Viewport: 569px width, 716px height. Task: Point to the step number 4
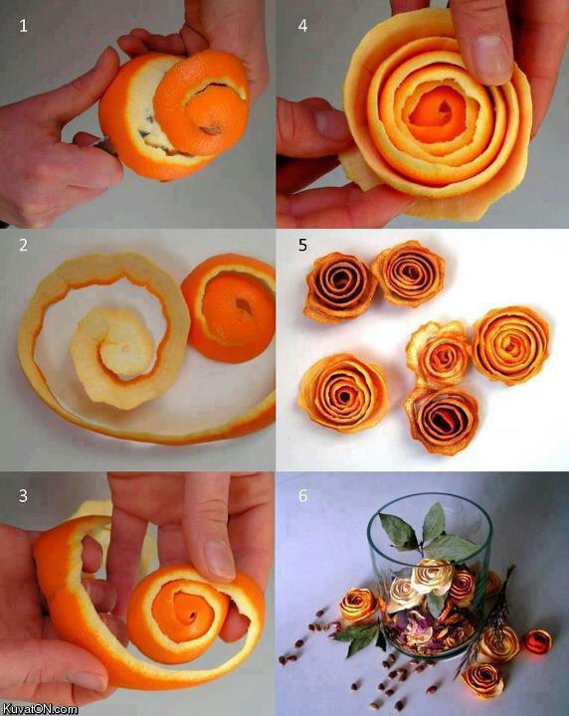point(302,27)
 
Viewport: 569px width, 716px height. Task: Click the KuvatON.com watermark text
point(40,708)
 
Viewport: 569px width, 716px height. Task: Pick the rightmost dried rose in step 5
point(510,344)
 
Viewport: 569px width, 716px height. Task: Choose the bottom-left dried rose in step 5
point(343,392)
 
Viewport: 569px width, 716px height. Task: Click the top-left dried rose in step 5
point(341,285)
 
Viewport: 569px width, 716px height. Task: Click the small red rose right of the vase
point(538,641)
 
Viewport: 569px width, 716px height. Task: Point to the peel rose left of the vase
point(357,604)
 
